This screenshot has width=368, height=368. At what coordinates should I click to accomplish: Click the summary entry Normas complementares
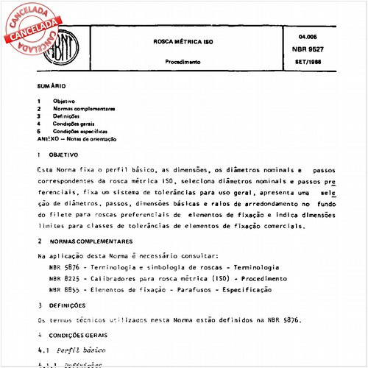(84, 109)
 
